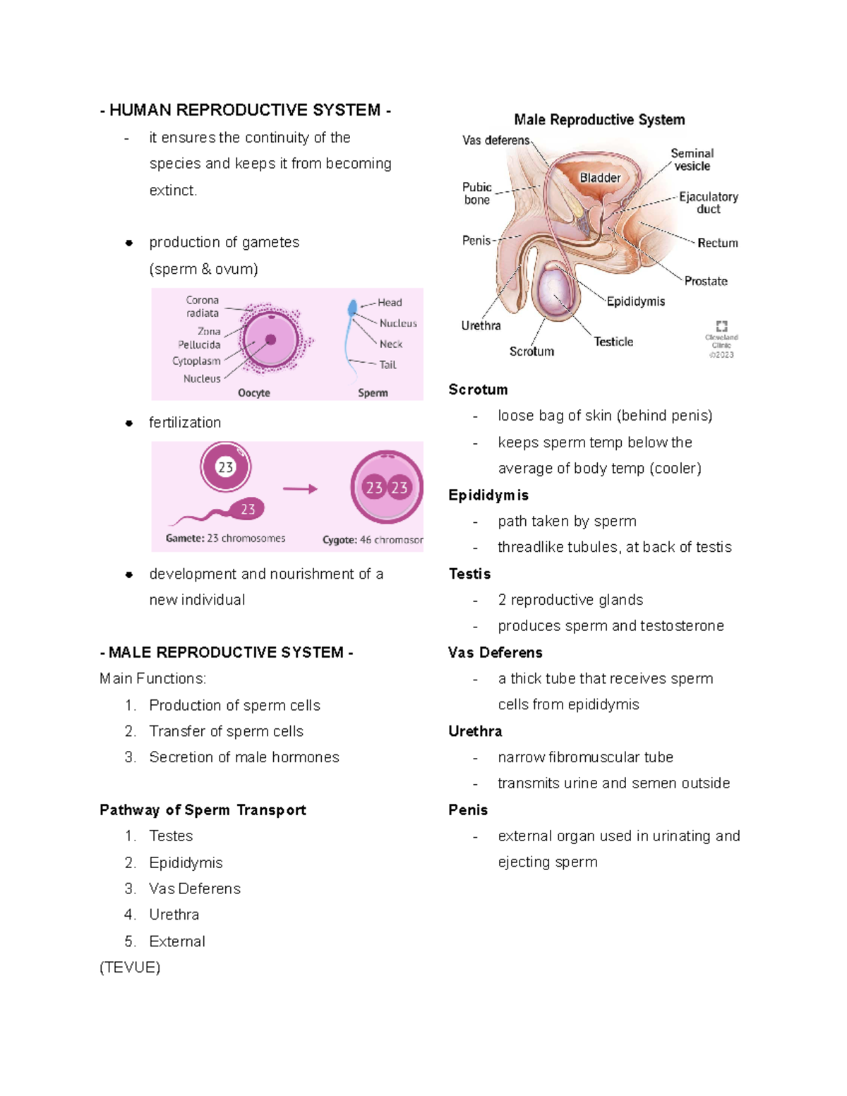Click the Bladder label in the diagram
click(x=600, y=178)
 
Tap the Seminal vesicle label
click(x=692, y=159)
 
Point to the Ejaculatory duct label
click(x=708, y=203)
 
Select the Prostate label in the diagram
click(x=706, y=281)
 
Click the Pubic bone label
click(x=477, y=193)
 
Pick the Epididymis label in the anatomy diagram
click(x=635, y=301)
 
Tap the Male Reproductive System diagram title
click(x=599, y=120)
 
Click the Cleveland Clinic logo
click(x=721, y=326)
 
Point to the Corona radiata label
click(x=203, y=306)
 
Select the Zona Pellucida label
click(x=200, y=338)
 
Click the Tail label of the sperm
click(x=388, y=365)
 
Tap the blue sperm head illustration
click(x=352, y=308)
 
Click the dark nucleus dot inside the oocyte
click(x=270, y=340)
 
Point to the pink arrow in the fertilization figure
click(x=300, y=488)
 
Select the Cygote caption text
click(x=372, y=540)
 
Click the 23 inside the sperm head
click(x=248, y=509)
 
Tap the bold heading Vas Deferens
click(x=495, y=653)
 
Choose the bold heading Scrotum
click(x=478, y=390)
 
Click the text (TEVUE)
click(x=130, y=968)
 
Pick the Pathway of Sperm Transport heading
click(x=203, y=810)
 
